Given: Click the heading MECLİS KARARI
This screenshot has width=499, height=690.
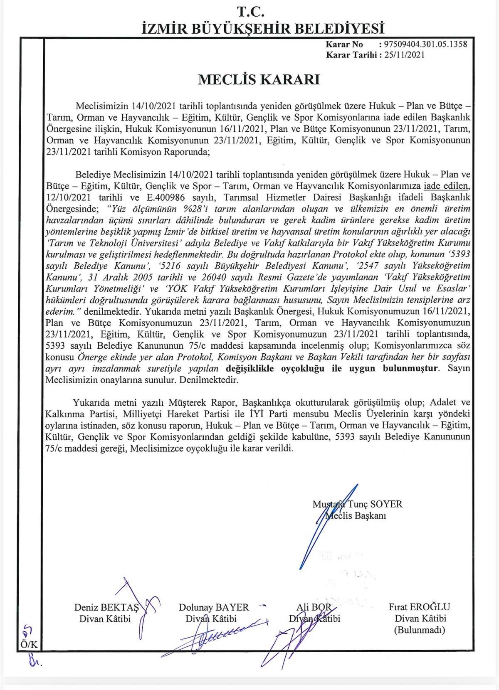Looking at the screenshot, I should click(x=259, y=79).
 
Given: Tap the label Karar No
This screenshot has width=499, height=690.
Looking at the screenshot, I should click(x=344, y=44).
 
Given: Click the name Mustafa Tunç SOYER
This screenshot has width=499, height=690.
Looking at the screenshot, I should click(x=358, y=504).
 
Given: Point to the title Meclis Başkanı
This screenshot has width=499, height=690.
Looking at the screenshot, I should click(x=356, y=516).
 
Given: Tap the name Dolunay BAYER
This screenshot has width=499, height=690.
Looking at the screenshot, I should click(x=214, y=607).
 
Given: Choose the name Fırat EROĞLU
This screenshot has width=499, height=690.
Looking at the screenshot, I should click(x=419, y=607).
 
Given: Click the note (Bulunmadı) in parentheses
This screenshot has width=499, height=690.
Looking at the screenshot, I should click(x=419, y=630).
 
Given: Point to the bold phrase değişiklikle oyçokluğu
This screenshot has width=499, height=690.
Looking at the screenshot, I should click(x=274, y=368).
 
